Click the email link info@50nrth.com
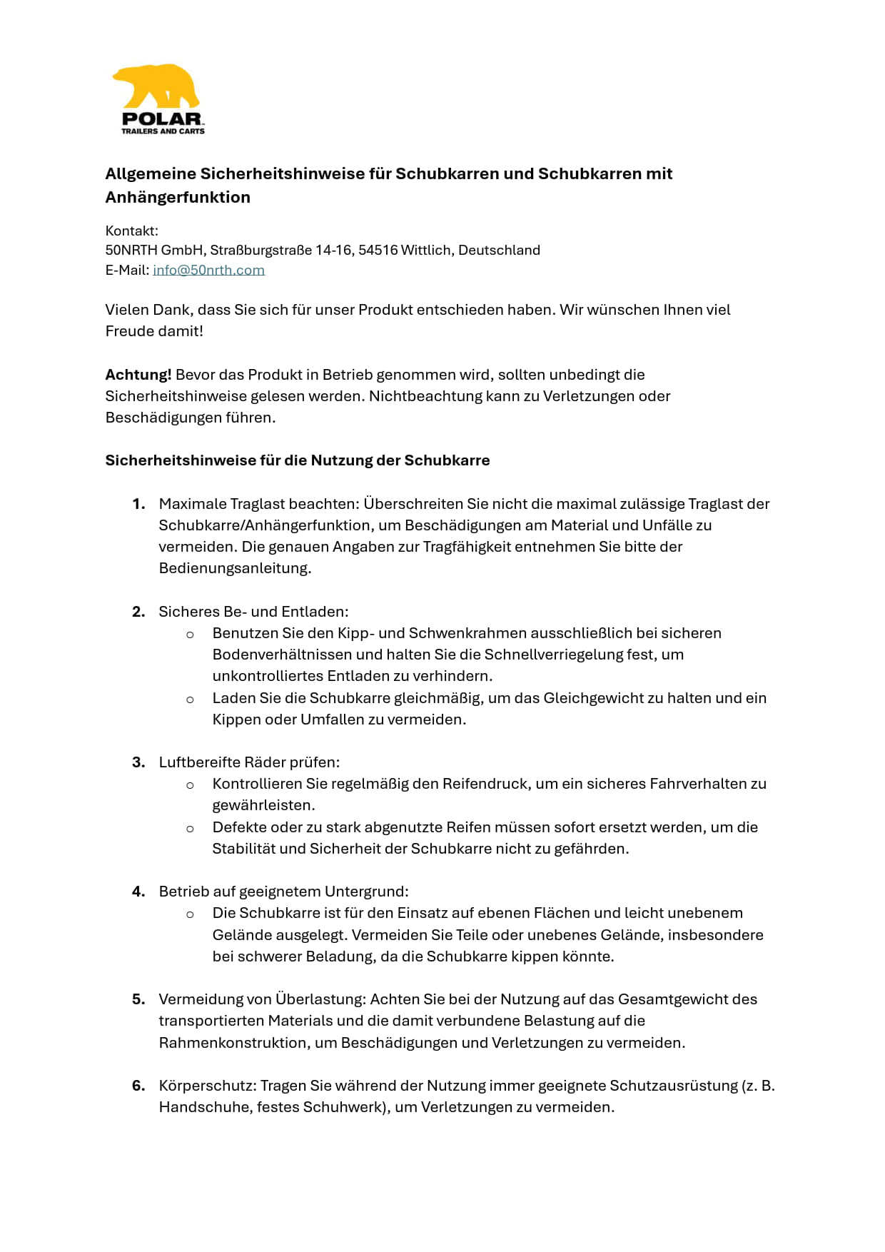[208, 270]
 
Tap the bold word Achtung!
[138, 375]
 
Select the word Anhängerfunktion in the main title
[178, 197]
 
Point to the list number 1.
[138, 504]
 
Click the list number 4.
[138, 892]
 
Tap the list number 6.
[138, 1086]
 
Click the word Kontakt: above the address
[132, 231]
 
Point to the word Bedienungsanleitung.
[235, 568]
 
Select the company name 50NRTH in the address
[131, 250]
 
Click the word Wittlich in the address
[425, 250]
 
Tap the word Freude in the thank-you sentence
[128, 331]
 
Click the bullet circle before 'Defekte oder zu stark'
[190, 829]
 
